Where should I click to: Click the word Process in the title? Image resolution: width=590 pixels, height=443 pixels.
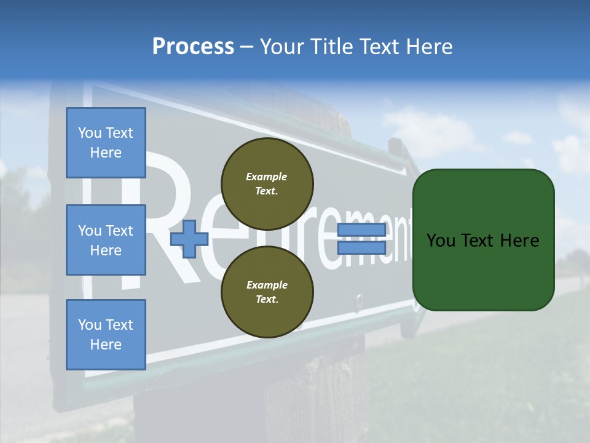[193, 47]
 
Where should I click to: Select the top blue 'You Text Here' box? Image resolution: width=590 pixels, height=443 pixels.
[106, 143]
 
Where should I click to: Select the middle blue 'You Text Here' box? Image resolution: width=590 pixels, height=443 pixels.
[106, 240]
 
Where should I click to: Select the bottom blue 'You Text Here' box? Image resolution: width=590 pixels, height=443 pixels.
[106, 335]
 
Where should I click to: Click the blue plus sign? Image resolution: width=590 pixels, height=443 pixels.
[189, 239]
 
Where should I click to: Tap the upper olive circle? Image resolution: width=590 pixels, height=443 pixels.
[267, 183]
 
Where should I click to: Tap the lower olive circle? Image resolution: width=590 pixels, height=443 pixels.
[267, 292]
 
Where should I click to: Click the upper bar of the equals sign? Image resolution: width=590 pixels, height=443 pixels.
[361, 230]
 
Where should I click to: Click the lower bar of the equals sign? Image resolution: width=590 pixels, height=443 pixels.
[361, 247]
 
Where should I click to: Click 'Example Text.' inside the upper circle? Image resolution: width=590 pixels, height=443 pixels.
[267, 184]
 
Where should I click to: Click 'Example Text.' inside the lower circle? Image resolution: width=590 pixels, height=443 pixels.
[267, 292]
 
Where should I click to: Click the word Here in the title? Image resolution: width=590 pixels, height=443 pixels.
[429, 47]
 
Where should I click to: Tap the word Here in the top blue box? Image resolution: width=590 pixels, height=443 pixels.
[106, 153]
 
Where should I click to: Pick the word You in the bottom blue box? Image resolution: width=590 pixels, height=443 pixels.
[89, 325]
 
